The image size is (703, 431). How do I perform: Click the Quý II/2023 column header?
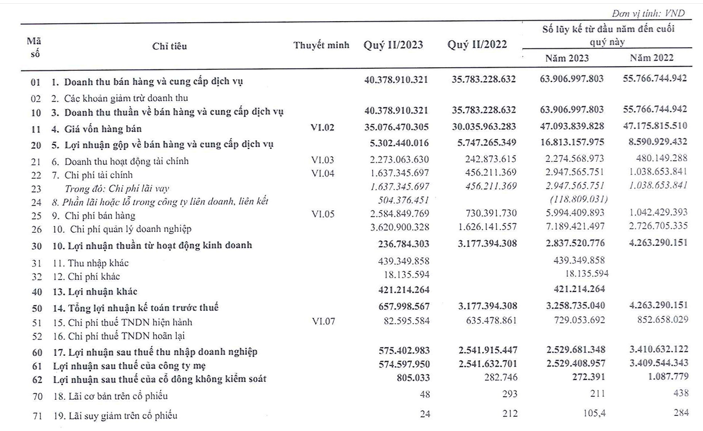tap(393, 45)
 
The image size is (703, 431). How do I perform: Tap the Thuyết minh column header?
tap(321, 45)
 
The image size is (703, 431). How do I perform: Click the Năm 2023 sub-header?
tap(567, 58)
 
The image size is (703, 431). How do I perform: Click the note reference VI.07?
tap(323, 322)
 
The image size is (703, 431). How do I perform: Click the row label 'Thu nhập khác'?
tap(97, 263)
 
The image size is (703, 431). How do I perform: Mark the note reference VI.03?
tap(323, 161)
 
